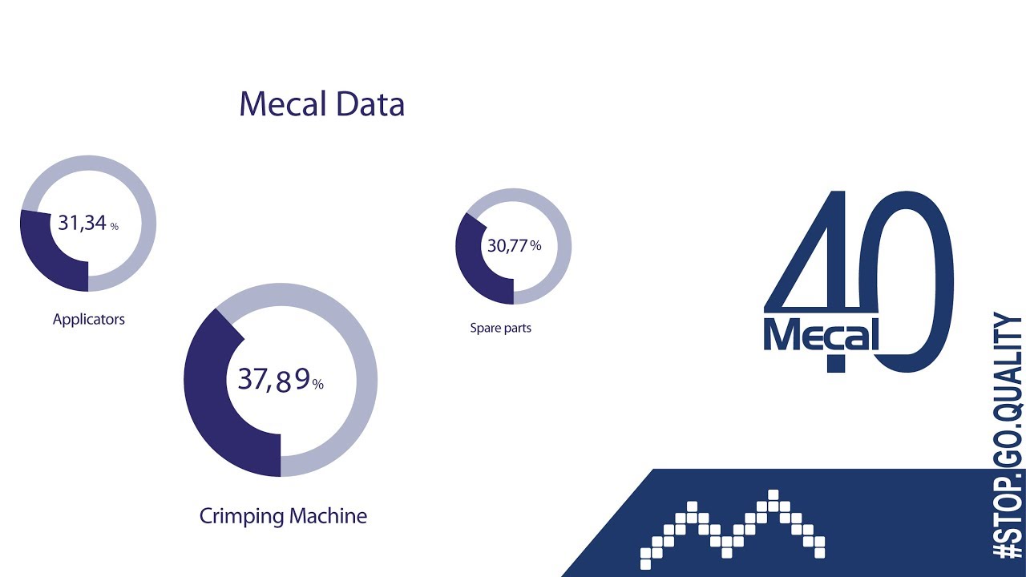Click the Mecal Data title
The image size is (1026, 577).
(x=321, y=104)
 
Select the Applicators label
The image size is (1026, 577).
(x=89, y=319)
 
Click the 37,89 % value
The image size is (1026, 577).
(x=280, y=380)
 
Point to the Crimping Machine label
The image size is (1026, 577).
(x=283, y=515)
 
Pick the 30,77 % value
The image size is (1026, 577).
(x=514, y=246)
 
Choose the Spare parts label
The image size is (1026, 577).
(x=500, y=328)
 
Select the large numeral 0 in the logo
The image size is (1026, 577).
(x=914, y=280)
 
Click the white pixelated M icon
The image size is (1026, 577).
(x=733, y=529)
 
